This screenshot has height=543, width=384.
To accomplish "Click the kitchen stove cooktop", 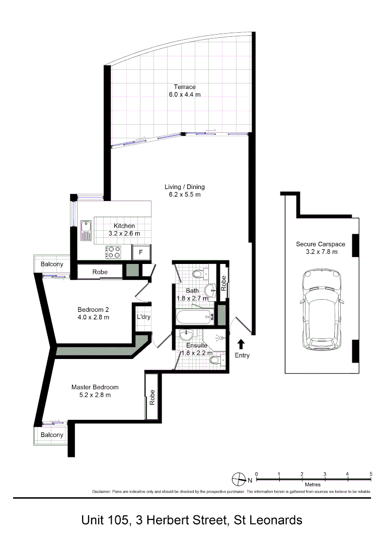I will click(113, 252).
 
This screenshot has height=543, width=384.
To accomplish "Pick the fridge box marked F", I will click(141, 252).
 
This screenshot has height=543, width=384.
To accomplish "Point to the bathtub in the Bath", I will click(194, 317).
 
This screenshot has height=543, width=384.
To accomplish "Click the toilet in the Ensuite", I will click(216, 359).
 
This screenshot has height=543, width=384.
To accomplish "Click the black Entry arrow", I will click(241, 344).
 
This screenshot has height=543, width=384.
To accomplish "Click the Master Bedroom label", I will click(95, 387).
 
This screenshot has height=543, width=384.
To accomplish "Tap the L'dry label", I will click(144, 317).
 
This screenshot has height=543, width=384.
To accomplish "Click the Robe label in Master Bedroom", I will click(152, 398).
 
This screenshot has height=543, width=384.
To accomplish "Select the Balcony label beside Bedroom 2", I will click(52, 264).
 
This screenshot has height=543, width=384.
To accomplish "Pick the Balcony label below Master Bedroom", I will click(52, 435).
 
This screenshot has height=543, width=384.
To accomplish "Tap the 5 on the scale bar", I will click(370, 474).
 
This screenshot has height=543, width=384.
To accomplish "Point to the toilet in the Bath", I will click(198, 274).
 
